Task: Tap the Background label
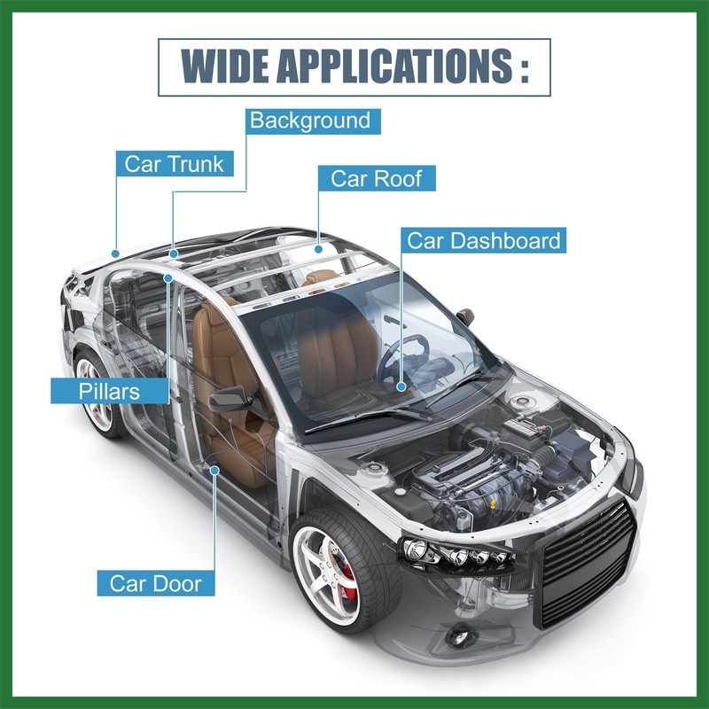point(309,121)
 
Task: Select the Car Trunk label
point(174,163)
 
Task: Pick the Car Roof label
point(377,177)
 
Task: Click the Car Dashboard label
point(483,240)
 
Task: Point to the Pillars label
point(108,390)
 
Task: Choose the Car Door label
point(155,583)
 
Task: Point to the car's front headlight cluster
point(456,554)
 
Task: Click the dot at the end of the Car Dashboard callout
point(401,386)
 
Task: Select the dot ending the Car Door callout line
point(215,471)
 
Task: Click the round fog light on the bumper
point(460,637)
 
